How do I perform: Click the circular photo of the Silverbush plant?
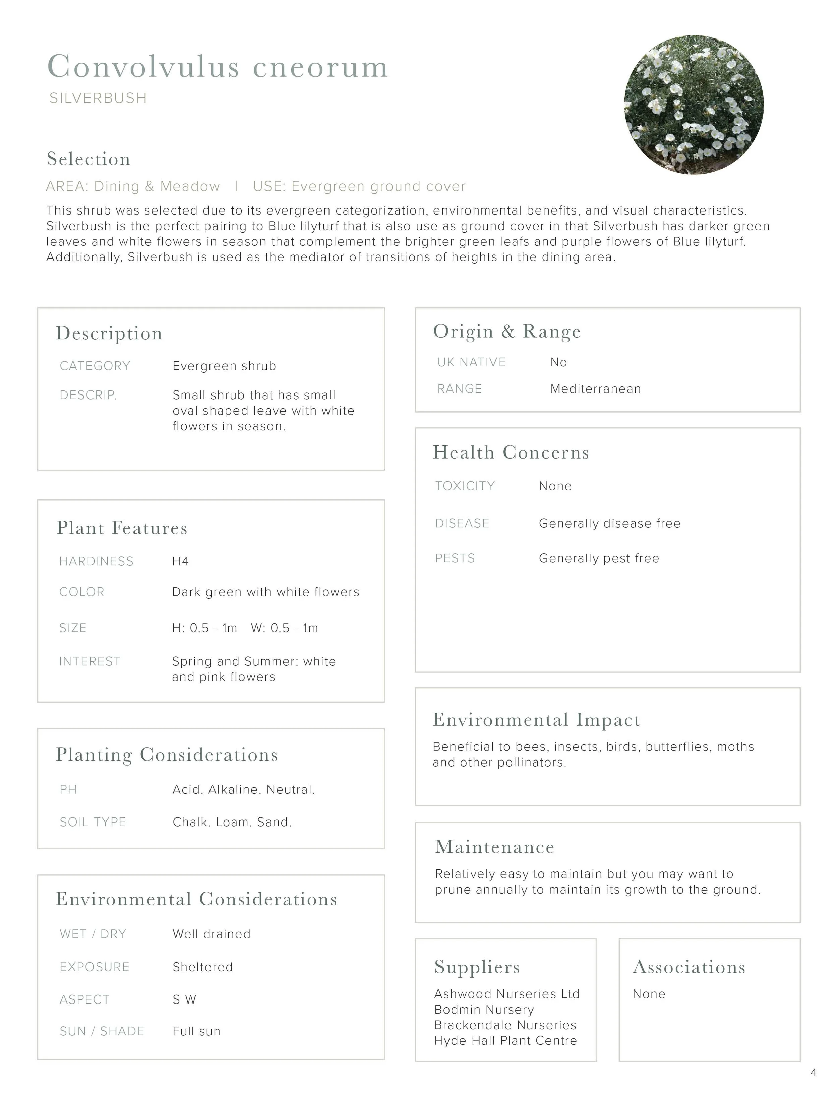click(694, 105)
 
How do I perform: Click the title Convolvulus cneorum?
click(218, 66)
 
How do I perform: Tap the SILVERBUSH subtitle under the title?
click(98, 98)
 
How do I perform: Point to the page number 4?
click(814, 1073)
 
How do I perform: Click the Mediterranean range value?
click(596, 389)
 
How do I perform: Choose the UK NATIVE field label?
click(471, 362)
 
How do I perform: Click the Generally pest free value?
click(599, 558)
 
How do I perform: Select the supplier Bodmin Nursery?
click(484, 1010)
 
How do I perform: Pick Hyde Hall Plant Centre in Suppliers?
click(505, 1041)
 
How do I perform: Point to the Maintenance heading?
click(494, 847)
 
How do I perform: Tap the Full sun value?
click(196, 1031)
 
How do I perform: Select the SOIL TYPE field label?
click(93, 822)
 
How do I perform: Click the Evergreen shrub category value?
click(224, 366)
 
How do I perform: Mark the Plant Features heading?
click(122, 528)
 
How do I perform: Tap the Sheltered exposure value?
click(202, 967)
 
